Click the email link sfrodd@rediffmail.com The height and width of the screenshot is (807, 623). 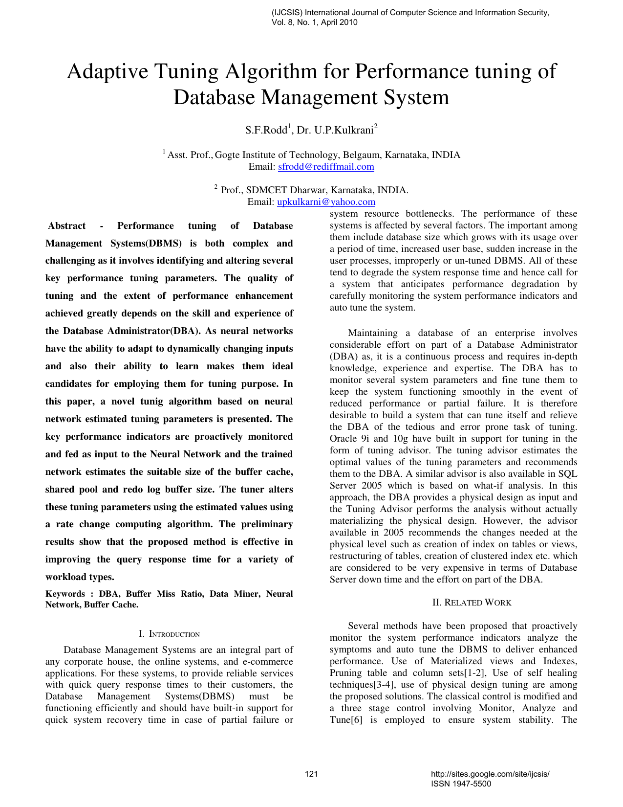tap(326, 167)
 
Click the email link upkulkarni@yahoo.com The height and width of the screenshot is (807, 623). tap(326, 202)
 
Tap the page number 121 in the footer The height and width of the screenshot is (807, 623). tap(311, 774)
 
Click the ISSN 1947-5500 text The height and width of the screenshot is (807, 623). tap(461, 784)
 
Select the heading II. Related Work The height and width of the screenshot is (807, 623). tap(472, 603)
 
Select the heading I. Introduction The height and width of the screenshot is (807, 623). tap(169, 634)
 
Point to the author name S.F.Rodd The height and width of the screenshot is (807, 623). tap(266, 130)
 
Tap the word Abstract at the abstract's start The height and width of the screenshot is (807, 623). tap(67, 226)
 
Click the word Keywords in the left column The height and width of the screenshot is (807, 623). tap(65, 594)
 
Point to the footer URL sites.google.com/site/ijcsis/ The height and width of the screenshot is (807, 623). tap(490, 774)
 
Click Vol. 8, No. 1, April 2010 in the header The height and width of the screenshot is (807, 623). tap(314, 22)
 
